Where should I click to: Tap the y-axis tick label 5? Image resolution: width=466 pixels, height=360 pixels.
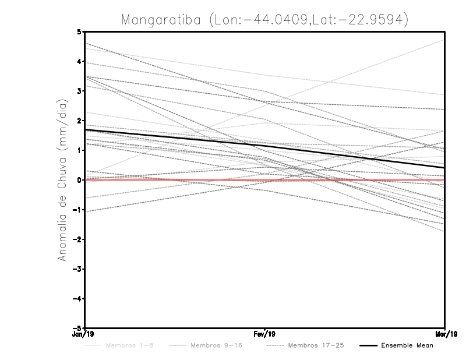point(79,31)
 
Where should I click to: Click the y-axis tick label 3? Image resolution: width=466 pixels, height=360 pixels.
point(79,91)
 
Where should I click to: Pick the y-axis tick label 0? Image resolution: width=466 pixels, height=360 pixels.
point(79,180)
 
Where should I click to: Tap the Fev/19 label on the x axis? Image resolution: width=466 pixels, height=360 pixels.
point(265,334)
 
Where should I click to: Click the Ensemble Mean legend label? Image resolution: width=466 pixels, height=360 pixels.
point(407,345)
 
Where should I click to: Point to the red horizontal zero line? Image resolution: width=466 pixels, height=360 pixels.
point(175,180)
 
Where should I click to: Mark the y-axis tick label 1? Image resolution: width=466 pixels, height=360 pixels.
point(79,150)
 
